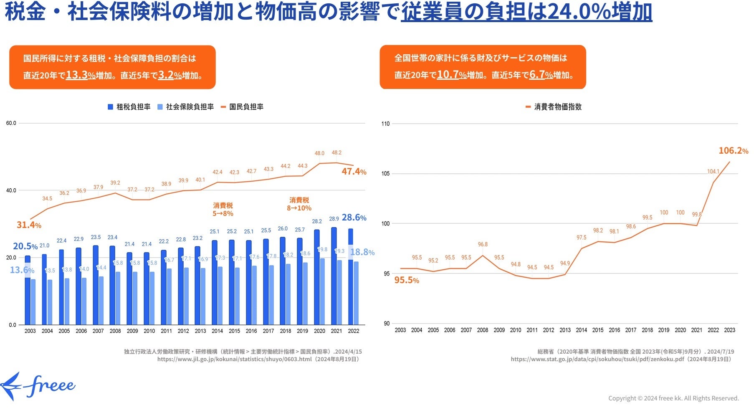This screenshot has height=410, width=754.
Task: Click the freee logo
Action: (x=38, y=386)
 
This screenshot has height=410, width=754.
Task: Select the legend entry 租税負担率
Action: (x=129, y=107)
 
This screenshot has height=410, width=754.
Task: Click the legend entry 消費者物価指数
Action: (x=554, y=107)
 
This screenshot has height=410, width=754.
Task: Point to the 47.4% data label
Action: (x=354, y=172)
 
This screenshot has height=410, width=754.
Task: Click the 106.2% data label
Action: (x=733, y=151)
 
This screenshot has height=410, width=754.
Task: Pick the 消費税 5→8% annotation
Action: (x=223, y=210)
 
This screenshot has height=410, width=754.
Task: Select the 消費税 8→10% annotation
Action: (x=299, y=204)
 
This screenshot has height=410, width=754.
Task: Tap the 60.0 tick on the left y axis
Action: (x=11, y=123)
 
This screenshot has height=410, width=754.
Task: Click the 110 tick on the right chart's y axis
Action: (x=385, y=124)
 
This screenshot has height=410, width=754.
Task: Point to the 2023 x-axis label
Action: (x=729, y=330)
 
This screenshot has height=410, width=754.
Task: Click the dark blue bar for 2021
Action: (x=334, y=276)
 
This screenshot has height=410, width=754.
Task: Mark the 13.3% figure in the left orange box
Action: (x=81, y=75)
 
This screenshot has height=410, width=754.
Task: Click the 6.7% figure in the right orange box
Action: (x=541, y=75)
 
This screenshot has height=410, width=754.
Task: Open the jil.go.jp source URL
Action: (x=234, y=359)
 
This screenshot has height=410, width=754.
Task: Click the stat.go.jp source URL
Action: (x=597, y=359)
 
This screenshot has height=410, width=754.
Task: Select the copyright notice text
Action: (x=673, y=398)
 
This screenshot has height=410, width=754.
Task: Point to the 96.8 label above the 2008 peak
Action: (x=483, y=245)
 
